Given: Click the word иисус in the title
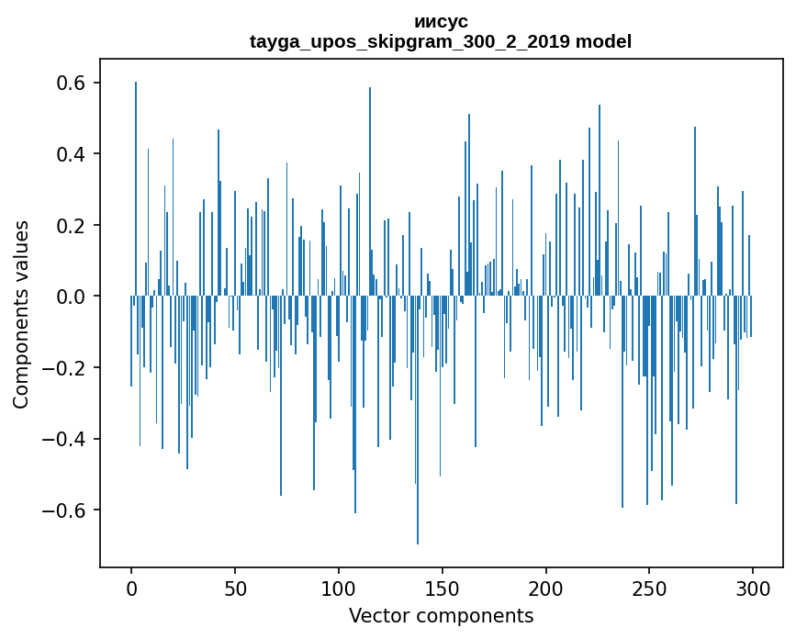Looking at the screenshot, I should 441,22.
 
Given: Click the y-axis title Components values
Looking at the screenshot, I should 21,314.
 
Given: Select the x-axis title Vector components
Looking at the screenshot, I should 441,616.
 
